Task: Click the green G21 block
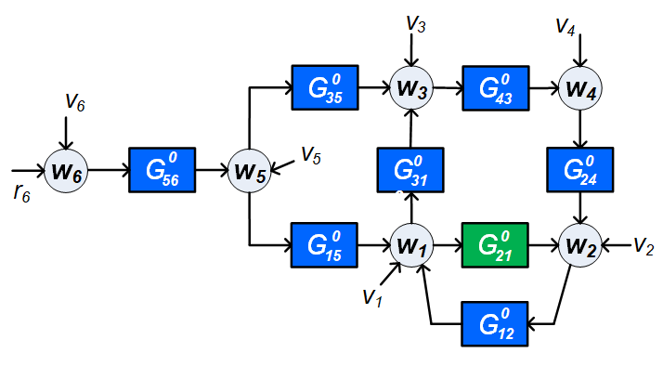[494, 246]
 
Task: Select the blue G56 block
[162, 170]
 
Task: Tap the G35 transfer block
[324, 88]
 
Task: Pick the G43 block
[494, 88]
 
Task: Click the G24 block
[580, 170]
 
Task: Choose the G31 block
[409, 170]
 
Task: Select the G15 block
[324, 246]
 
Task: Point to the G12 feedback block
[494, 324]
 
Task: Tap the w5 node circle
[248, 171]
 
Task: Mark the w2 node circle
[580, 247]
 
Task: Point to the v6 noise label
[73, 101]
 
